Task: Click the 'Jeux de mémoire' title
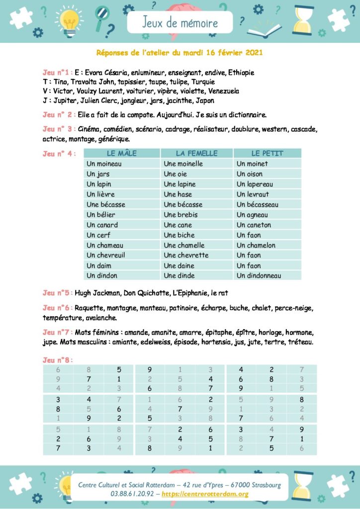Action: coord(180,22)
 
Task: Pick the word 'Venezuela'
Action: coord(221,91)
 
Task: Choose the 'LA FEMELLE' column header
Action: coord(197,154)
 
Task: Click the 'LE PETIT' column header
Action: coord(267,154)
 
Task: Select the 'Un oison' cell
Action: coord(250,174)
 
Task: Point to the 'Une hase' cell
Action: coord(178,194)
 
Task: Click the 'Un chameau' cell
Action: coord(105,245)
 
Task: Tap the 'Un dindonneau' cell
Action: coord(259,275)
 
